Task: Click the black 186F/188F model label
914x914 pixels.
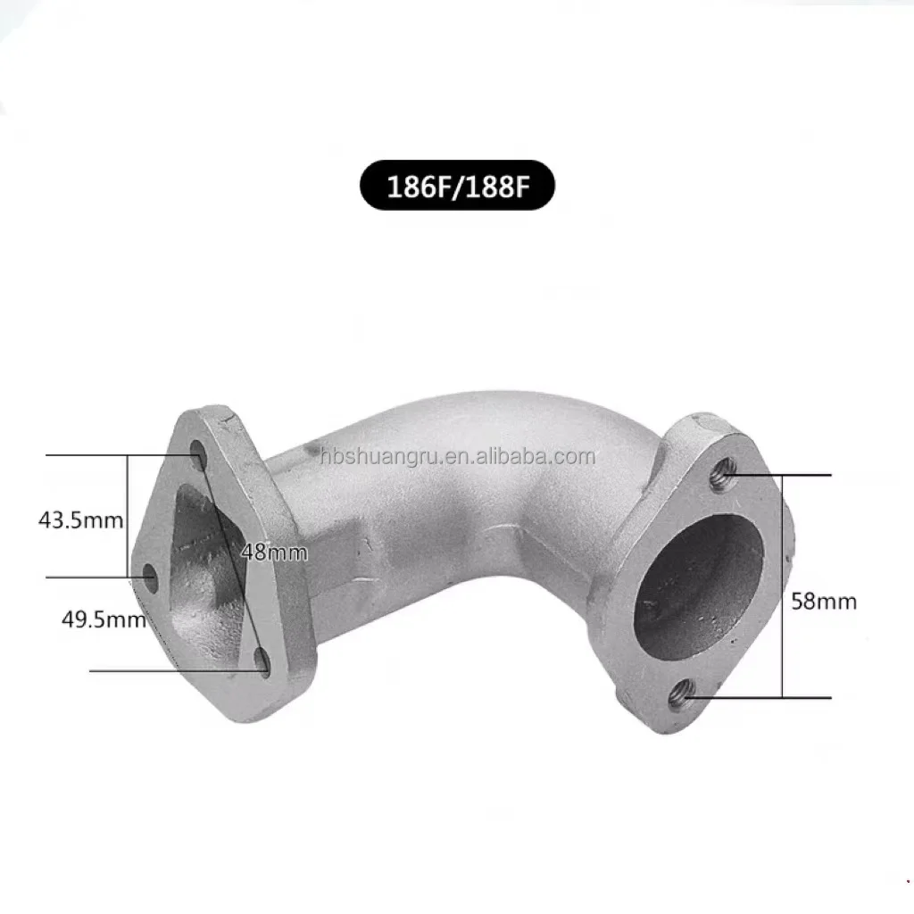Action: click(x=457, y=187)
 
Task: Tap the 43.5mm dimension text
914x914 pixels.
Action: click(x=80, y=519)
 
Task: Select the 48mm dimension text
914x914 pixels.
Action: click(x=274, y=553)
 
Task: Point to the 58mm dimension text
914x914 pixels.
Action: click(x=824, y=601)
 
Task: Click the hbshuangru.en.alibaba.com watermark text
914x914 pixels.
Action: click(x=457, y=458)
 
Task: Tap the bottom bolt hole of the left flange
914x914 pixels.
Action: click(x=262, y=662)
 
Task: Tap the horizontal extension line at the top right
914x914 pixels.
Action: click(x=794, y=476)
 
